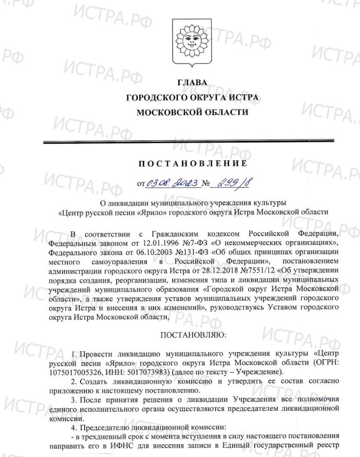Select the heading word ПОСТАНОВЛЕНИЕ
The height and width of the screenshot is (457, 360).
pyautogui.click(x=192, y=164)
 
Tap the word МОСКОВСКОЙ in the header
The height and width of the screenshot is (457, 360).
pyautogui.click(x=164, y=112)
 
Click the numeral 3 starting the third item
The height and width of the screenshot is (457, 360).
pyautogui.click(x=74, y=399)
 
